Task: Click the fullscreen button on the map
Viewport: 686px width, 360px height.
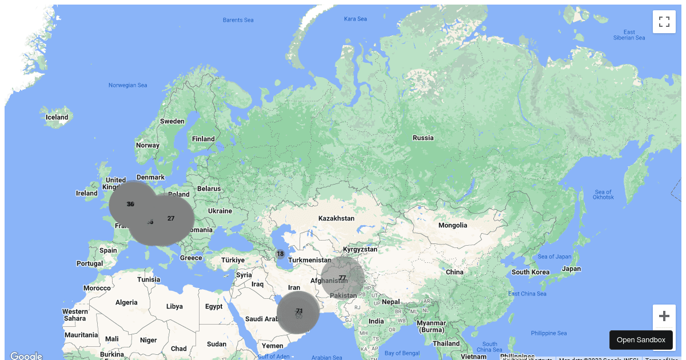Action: coord(664,22)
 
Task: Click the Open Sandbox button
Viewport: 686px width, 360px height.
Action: coord(641,340)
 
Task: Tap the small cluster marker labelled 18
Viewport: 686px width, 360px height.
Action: coord(280,254)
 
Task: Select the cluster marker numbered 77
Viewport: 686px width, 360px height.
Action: coord(342,278)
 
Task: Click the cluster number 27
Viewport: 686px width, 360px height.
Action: coord(171,218)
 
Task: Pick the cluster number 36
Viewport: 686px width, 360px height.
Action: coord(130,204)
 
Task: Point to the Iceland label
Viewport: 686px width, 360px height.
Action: coord(57,117)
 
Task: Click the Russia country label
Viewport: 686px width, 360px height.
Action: coord(423,138)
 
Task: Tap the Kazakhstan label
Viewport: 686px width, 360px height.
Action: coord(336,218)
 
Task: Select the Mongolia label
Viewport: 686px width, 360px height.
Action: coord(453,225)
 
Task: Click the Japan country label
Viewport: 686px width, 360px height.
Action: coord(571,269)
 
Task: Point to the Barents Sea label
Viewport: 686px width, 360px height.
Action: coord(238,20)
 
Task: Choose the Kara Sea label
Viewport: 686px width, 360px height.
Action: coord(356,19)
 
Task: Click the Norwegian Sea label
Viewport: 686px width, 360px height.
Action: coord(128,85)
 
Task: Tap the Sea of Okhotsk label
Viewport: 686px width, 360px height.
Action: coord(604,194)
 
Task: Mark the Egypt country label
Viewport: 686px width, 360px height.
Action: coord(214,306)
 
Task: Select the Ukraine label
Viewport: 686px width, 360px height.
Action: coord(220,211)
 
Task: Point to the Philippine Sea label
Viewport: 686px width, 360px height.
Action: coord(549,333)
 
